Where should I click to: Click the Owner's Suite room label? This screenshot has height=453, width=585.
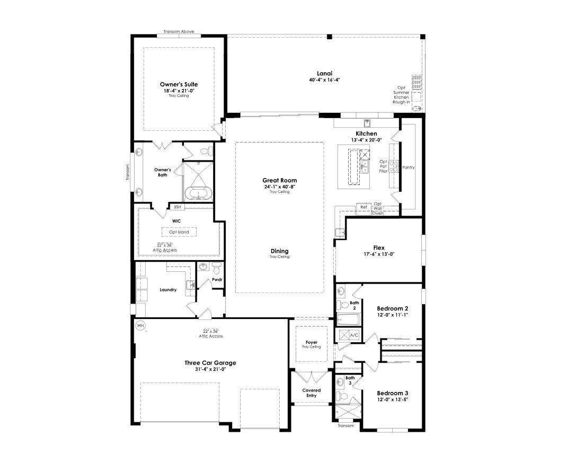179,84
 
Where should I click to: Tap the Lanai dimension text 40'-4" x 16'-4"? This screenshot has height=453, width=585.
325,80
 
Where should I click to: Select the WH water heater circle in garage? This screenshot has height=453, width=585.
140,325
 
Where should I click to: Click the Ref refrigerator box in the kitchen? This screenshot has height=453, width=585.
364,207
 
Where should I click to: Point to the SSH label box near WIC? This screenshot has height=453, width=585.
177,207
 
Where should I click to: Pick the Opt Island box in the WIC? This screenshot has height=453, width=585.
179,232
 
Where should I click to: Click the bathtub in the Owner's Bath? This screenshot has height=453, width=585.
198,194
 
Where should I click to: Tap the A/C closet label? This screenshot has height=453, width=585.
353,335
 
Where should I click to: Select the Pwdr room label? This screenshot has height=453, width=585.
217,280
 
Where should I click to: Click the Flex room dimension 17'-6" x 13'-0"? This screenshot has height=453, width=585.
379,254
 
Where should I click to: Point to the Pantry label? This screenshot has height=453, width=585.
408,167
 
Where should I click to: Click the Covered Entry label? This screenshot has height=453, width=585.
312,393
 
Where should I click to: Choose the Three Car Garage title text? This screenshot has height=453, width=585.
210,363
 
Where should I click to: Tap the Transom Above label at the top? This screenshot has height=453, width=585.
179,32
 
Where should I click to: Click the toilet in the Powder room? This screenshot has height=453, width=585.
217,268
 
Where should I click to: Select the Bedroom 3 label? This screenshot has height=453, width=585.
393,393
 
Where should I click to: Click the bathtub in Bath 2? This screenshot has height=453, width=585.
349,320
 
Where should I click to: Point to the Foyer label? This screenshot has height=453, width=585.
312,342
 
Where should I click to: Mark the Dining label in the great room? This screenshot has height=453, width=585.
279,251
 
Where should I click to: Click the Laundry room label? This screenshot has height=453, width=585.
168,290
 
